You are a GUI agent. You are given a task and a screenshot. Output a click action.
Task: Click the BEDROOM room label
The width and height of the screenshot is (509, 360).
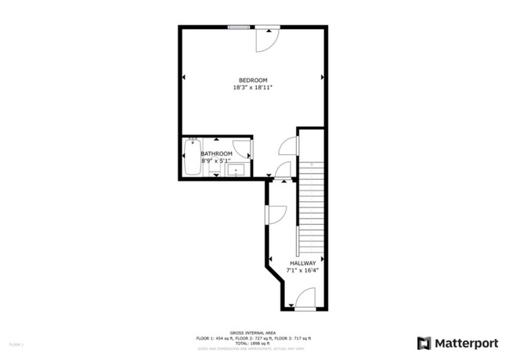tap(253, 80)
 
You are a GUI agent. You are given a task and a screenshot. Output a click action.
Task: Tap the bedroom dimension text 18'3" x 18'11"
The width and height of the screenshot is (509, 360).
tap(253, 88)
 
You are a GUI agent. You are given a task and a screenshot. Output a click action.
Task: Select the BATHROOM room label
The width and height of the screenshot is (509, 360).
tap(216, 153)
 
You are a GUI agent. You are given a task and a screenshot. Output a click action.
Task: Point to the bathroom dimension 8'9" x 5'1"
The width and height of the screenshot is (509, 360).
tap(216, 161)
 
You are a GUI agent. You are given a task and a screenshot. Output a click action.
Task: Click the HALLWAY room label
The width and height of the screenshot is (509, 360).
tap(303, 263)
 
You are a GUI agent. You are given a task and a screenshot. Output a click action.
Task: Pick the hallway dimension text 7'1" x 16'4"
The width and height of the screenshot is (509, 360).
tap(303, 271)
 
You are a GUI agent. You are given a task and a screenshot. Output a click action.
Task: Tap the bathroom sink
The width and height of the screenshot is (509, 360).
tap(240, 167)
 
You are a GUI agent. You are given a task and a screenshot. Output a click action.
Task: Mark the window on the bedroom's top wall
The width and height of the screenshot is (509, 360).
tap(239, 28)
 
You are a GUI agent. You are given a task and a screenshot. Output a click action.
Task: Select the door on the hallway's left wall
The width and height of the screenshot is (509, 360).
tap(276, 213)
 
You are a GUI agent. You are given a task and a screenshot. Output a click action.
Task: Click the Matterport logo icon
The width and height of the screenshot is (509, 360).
tap(424, 343)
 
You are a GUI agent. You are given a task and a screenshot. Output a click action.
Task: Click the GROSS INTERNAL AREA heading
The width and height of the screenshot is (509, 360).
tap(254, 332)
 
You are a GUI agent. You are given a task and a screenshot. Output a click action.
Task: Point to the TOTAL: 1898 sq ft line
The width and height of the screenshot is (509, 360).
tap(254, 342)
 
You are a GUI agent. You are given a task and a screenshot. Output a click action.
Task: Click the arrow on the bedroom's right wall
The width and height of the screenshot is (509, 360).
tap(323, 77)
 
